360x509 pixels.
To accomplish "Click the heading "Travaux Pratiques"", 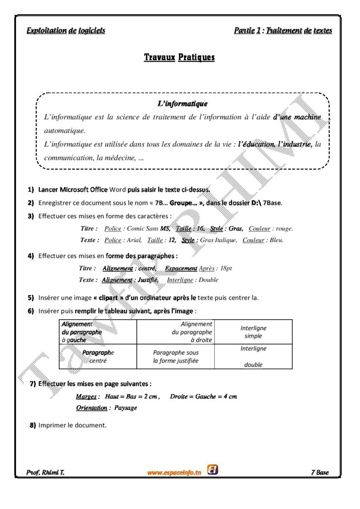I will pyautogui.click(x=179, y=58).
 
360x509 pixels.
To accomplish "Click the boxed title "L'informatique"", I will pyautogui.click(x=182, y=104).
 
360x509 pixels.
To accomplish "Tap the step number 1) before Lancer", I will pyautogui.click(x=31, y=189).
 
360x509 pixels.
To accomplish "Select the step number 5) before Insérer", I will pyautogui.click(x=31, y=298).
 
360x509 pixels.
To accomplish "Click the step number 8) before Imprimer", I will pyautogui.click(x=33, y=425).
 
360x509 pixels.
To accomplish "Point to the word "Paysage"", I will pyautogui.click(x=125, y=408).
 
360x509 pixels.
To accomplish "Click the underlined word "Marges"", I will pyautogui.click(x=87, y=397).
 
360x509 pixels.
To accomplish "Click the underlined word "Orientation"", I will pyautogui.click(x=91, y=408).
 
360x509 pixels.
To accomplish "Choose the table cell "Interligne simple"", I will pyautogui.click(x=253, y=332).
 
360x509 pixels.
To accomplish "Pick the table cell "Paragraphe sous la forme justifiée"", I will pyautogui.click(x=175, y=356).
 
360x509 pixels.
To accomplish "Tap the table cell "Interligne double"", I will pyautogui.click(x=253, y=356).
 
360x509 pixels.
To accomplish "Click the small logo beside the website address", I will pyautogui.click(x=212, y=469).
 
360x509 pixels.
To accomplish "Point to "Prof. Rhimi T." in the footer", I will pyautogui.click(x=45, y=473).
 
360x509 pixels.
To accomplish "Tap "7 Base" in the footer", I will pyautogui.click(x=320, y=473).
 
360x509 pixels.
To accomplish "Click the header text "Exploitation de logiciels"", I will pyautogui.click(x=66, y=30).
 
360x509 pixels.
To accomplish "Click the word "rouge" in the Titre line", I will pyautogui.click(x=284, y=229).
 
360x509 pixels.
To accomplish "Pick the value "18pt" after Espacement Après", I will pyautogui.click(x=226, y=268).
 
